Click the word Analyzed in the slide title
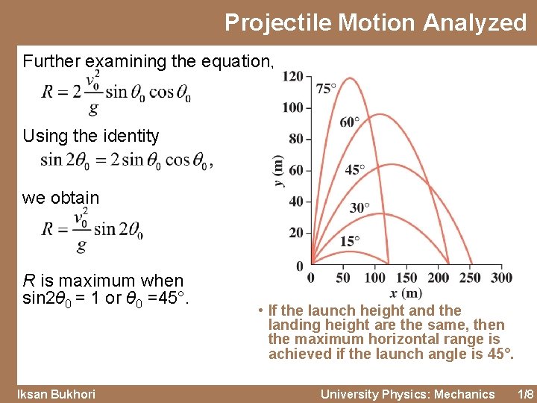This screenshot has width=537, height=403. point(475,22)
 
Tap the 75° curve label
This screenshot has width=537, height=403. point(326,88)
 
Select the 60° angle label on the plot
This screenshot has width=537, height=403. point(350,122)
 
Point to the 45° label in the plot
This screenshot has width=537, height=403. point(355,169)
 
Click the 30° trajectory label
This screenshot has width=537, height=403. point(359,207)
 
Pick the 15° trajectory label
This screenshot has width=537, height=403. point(350,240)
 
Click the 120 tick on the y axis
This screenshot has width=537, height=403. point(292,76)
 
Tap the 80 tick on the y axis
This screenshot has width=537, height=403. point(295,139)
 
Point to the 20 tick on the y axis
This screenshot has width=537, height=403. point(295,233)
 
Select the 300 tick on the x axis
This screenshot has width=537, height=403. point(503,278)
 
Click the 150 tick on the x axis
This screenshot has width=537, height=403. point(406,278)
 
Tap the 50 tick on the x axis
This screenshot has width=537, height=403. point(343,278)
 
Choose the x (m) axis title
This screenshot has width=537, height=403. point(405,293)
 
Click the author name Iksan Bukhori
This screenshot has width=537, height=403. point(57,394)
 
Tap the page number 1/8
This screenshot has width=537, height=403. point(526,394)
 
